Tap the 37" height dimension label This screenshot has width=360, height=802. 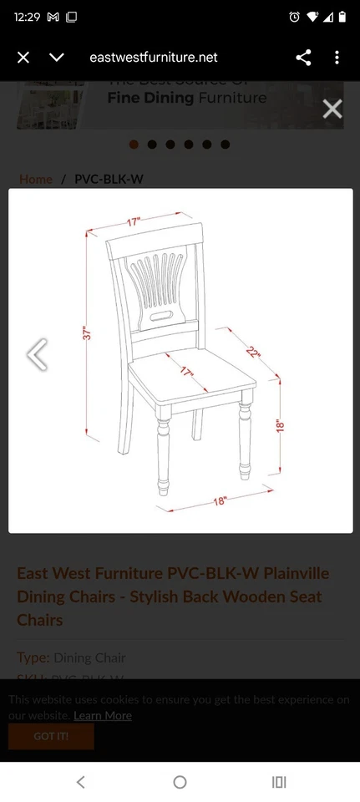click(86, 333)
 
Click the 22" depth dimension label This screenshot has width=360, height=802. click(253, 352)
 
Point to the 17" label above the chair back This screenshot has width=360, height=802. click(134, 222)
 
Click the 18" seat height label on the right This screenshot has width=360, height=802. click(280, 425)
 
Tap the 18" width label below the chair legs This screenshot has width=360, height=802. click(220, 501)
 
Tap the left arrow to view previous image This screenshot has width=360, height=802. click(37, 354)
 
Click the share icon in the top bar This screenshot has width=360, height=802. click(303, 57)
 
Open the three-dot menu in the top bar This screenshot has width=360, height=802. click(337, 57)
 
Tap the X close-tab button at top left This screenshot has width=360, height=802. click(23, 57)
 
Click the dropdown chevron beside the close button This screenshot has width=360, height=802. click(56, 57)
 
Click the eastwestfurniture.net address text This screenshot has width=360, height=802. click(154, 57)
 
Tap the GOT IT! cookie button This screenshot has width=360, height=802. click(51, 736)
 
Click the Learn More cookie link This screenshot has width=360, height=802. click(102, 715)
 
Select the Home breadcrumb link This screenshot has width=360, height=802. click(36, 179)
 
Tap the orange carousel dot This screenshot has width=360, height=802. click(134, 145)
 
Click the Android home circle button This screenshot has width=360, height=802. click(180, 782)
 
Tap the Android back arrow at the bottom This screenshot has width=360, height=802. click(81, 782)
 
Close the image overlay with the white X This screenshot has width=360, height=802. click(332, 109)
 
